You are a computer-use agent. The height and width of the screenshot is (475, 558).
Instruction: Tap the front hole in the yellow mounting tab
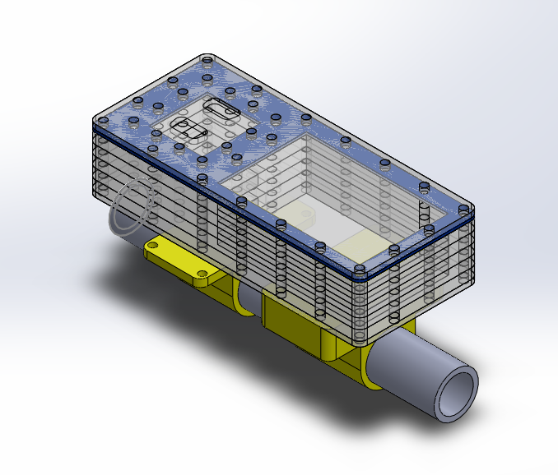202,274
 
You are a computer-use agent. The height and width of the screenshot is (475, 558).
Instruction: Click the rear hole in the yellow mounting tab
154,244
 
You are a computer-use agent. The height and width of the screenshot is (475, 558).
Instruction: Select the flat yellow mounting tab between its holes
177,258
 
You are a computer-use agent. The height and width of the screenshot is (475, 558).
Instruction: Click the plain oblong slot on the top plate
222,108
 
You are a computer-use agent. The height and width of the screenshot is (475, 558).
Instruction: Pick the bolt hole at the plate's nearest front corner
360,268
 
